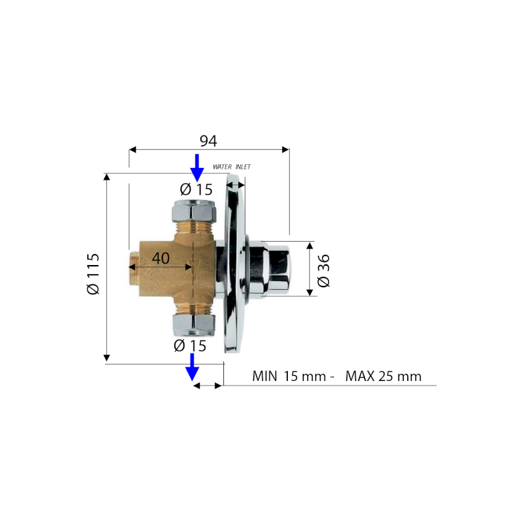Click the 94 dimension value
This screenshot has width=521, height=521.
(208, 141)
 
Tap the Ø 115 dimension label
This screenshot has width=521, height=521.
(92, 274)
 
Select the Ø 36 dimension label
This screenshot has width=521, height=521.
(323, 270)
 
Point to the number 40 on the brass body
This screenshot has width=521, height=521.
(161, 258)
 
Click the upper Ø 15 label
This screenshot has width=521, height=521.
(196, 190)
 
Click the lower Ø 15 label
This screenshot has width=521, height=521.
(190, 346)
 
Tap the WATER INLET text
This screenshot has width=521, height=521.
(232, 167)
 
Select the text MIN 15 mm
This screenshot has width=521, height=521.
(289, 376)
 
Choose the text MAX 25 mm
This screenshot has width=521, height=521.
(384, 376)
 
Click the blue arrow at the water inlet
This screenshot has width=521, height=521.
(197, 167)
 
